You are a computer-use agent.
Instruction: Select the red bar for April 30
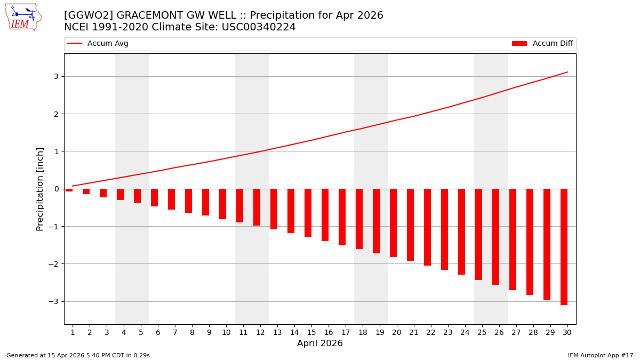point(564,246)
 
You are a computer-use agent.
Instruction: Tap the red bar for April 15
point(308,212)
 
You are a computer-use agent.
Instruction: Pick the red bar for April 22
point(427,227)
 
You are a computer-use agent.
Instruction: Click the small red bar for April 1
point(69,190)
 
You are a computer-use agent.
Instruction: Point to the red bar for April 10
point(222,204)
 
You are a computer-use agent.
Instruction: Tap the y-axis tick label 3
point(55,76)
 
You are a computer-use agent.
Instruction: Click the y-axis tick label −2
point(53,264)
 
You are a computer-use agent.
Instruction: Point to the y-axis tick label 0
point(55,189)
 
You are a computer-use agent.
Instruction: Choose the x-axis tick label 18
point(363,332)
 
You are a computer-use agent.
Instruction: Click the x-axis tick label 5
point(141,332)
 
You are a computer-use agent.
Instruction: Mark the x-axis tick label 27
point(516,332)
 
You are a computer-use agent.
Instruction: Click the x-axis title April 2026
point(319,343)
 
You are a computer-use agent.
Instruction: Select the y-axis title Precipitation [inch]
point(40,189)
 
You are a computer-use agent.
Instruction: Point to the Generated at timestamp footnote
point(78,355)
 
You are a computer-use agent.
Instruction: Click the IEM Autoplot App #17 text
point(600,355)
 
